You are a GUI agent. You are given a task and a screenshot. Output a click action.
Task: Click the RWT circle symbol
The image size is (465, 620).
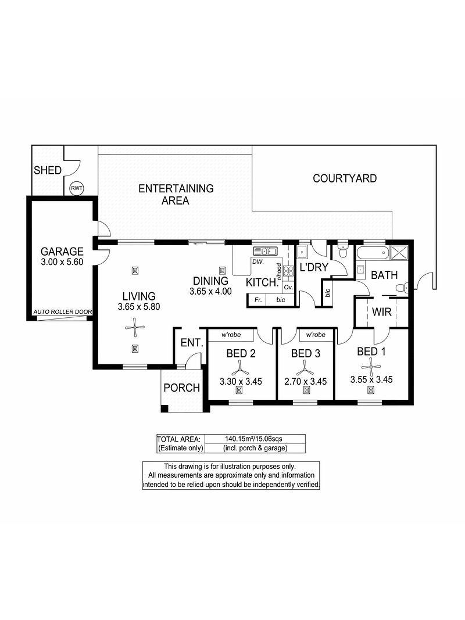click(77, 188)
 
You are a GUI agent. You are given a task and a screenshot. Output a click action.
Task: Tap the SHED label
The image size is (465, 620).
click(48, 170)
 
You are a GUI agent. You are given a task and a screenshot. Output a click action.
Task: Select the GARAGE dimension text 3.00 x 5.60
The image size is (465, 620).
click(62, 261)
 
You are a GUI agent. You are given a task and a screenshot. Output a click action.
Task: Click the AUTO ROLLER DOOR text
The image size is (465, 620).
click(62, 312)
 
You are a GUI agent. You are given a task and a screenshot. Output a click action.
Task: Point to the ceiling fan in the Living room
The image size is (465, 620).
click(135, 327)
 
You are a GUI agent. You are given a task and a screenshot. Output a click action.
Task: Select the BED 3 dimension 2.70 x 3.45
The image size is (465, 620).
click(306, 382)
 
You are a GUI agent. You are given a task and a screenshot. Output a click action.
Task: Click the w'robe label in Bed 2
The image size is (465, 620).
click(231, 335)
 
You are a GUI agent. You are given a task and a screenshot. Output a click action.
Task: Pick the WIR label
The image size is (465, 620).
click(381, 312)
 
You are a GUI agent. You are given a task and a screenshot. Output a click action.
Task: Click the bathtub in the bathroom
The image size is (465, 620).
click(373, 253)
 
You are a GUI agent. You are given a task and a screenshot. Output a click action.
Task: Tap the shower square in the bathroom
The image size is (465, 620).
click(399, 253)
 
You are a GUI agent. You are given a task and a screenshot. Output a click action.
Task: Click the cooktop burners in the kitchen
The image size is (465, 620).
click(288, 271)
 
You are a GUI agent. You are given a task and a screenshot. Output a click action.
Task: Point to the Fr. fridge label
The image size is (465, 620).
click(258, 300)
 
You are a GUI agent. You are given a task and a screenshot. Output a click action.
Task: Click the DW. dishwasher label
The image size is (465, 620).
click(257, 261)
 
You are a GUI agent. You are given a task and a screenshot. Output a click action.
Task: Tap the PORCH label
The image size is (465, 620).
click(182, 388)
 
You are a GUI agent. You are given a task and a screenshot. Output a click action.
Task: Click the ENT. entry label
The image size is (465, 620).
click(192, 343)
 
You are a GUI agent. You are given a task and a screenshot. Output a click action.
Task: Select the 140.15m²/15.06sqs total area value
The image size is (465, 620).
click(253, 439)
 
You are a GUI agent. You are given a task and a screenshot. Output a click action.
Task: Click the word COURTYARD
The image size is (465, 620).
click(345, 178)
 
